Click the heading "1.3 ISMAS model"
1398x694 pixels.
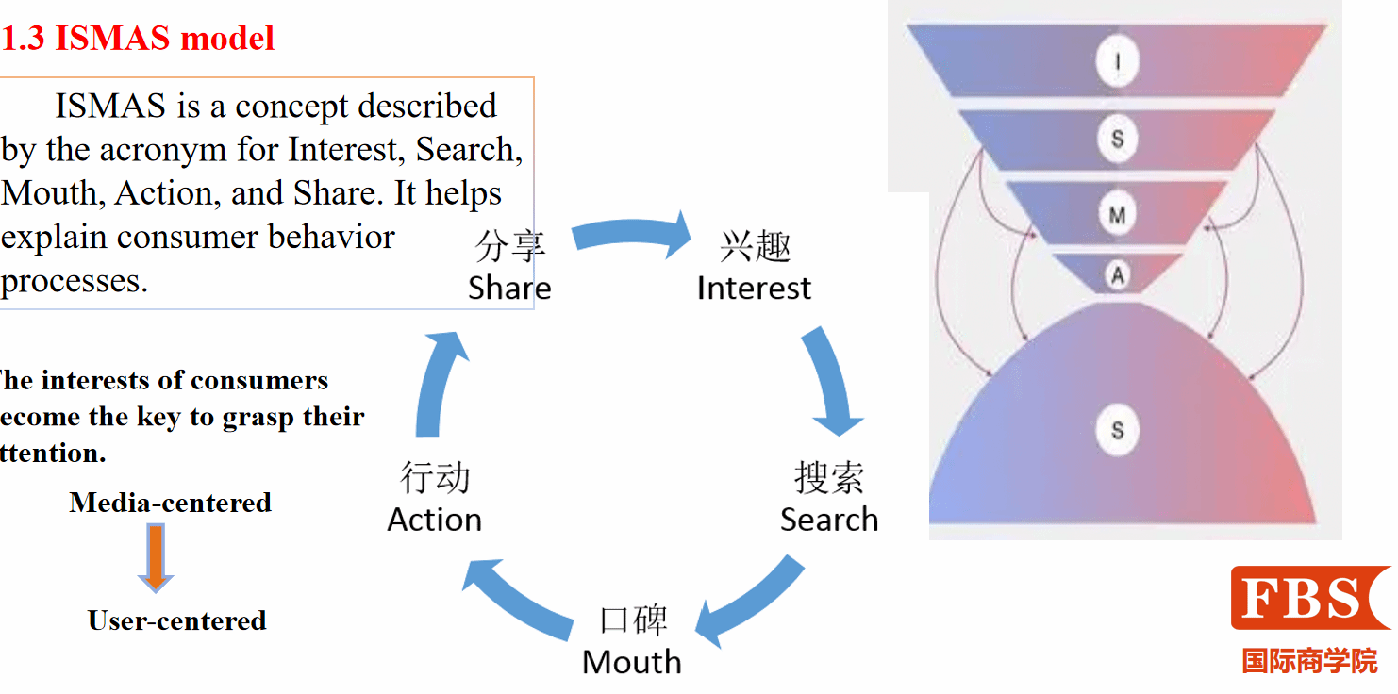click(138, 39)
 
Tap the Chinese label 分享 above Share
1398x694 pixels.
click(509, 247)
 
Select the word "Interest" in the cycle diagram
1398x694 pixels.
click(754, 288)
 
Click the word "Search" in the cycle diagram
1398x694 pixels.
click(829, 520)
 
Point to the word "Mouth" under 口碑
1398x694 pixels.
click(632, 662)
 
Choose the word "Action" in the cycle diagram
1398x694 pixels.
click(435, 520)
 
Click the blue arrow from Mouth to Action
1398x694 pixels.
click(521, 599)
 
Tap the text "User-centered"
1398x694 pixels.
click(177, 620)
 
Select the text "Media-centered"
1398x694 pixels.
click(171, 503)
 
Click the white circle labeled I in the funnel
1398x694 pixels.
click(1118, 63)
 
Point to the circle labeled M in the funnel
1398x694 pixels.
click(1118, 216)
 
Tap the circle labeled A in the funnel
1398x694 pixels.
click(1118, 275)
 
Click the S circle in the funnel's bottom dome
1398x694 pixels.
click(1118, 431)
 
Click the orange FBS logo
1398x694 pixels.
click(1309, 598)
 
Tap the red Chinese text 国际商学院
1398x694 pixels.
click(1309, 661)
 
